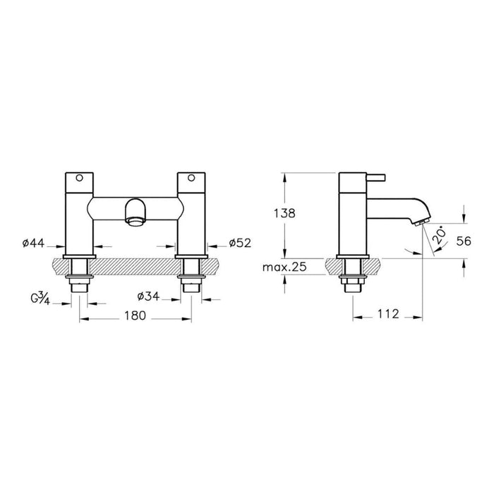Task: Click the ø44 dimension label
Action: (x=35, y=244)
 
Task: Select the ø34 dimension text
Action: (x=148, y=294)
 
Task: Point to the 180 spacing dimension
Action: (x=133, y=317)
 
